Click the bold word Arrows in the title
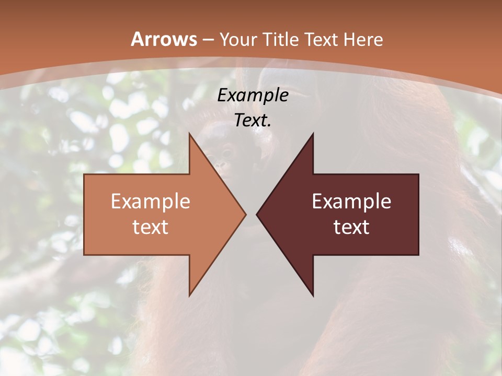coord(164,39)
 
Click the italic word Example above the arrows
coord(253,96)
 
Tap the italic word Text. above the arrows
coord(253,120)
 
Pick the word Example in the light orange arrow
coord(151,202)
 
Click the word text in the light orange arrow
coord(151,227)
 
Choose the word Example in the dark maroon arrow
coord(351,202)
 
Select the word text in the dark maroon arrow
coord(351,227)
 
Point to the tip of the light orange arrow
coord(244,214)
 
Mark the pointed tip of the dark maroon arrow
coord(258,214)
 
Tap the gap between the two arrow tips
coord(251,214)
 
